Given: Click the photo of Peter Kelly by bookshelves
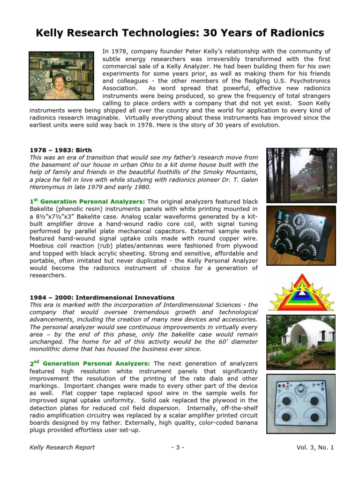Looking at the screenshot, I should click(x=61, y=75).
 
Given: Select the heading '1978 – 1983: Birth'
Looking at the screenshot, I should click(x=61, y=150).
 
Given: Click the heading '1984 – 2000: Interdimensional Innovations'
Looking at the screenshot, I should click(x=102, y=297).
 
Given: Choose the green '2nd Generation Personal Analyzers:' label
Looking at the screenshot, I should click(x=90, y=363).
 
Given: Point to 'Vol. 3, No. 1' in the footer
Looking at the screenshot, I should click(x=315, y=447).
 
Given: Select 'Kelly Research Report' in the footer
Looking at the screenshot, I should click(x=62, y=447).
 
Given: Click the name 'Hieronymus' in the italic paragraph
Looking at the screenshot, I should click(x=49, y=187).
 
